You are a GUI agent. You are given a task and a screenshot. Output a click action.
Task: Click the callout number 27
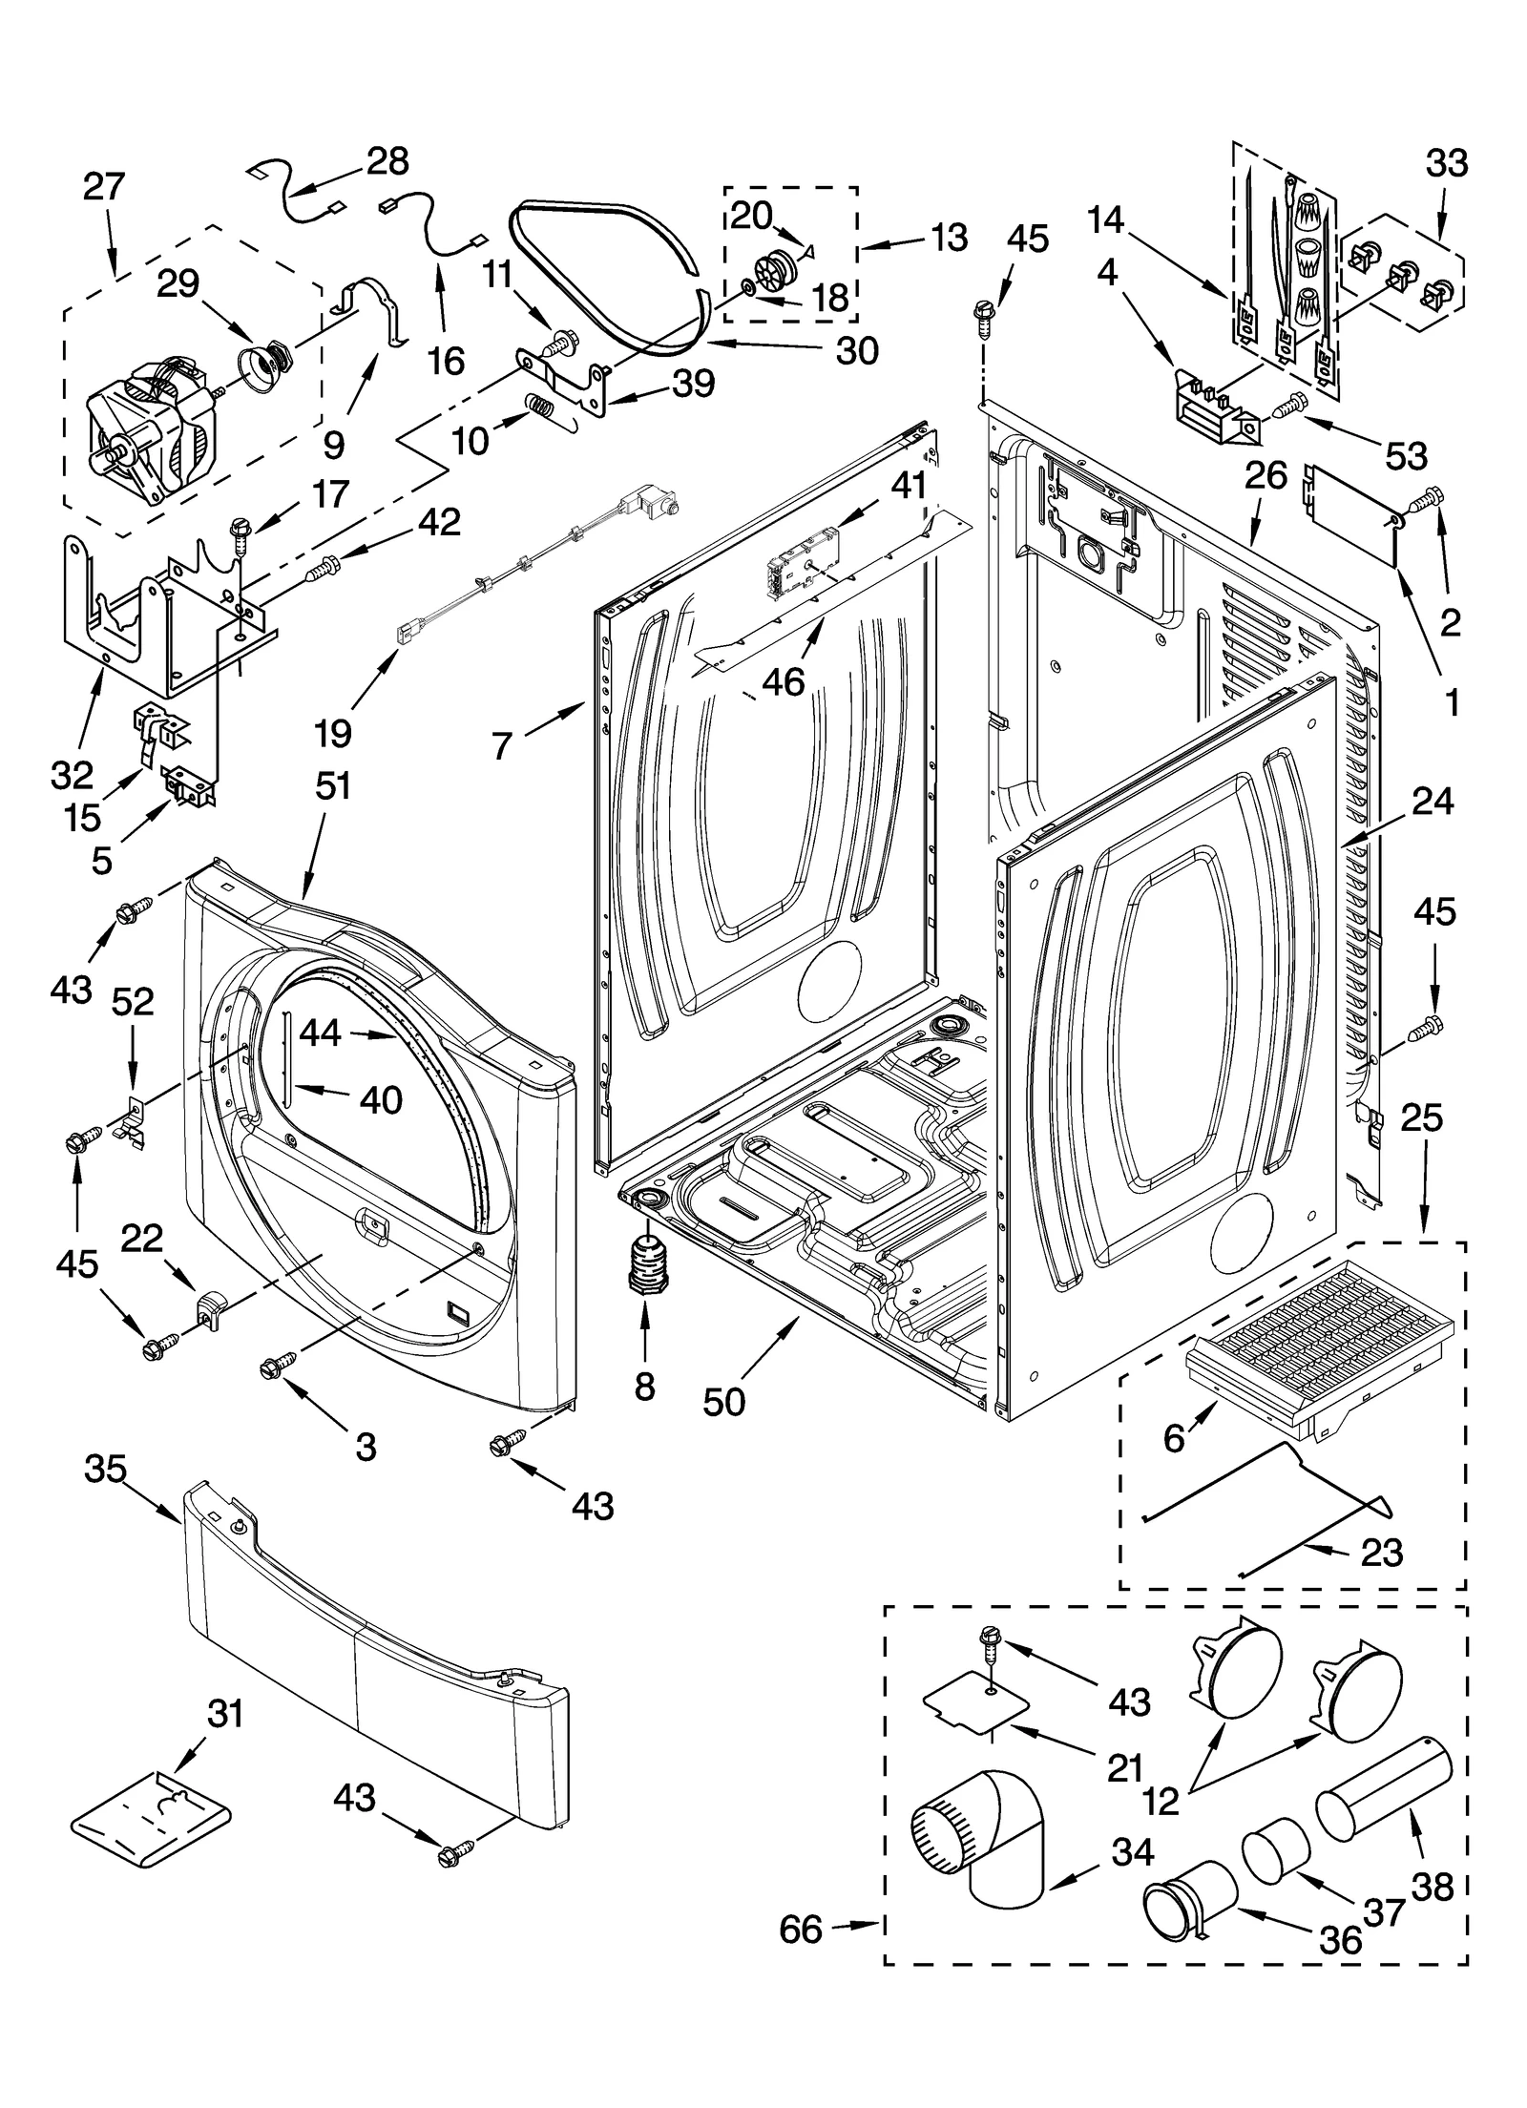[x=103, y=186]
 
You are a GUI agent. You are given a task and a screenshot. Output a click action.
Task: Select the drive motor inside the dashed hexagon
[x=157, y=425]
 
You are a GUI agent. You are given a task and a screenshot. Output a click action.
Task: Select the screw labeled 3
[x=278, y=1370]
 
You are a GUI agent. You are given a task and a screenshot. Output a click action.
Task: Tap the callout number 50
[x=723, y=1402]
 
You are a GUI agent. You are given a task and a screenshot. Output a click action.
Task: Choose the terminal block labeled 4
[x=1212, y=413]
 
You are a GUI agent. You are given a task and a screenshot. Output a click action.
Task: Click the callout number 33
[x=1446, y=163]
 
